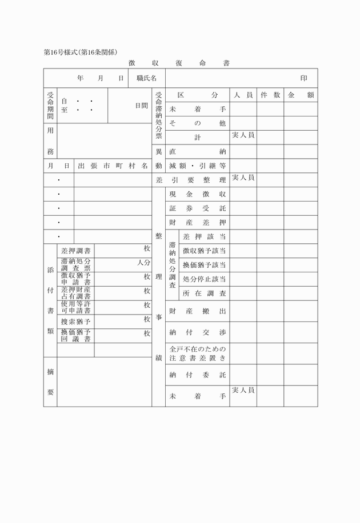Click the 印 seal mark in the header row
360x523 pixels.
tap(304, 78)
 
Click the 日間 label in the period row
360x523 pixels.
tap(141, 106)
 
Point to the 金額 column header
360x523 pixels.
tap(301, 95)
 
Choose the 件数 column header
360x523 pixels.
tap(270, 95)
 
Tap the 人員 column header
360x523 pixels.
tap(243, 95)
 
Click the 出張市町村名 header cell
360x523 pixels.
tap(113, 166)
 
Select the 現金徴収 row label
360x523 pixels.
tap(198, 195)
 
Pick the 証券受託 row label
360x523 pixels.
tap(198, 208)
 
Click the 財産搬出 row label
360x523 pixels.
tap(198, 311)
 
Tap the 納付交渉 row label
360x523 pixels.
tap(198, 332)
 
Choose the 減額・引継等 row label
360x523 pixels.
tap(198, 166)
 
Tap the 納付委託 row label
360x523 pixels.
tap(198, 375)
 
